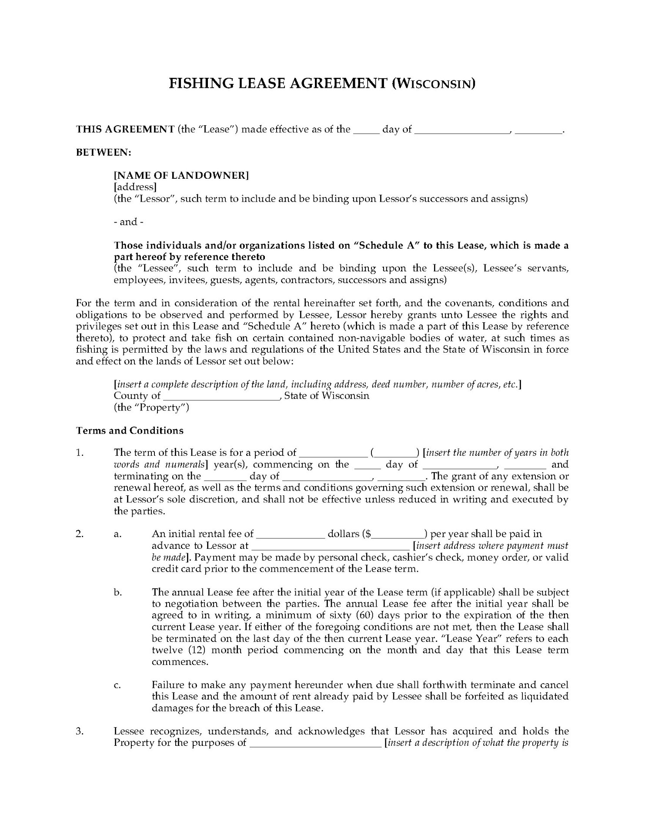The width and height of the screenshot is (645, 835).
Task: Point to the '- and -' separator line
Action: (129, 222)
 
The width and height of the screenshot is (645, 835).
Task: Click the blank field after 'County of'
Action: (221, 396)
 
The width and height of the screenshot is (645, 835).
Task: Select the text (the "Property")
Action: (151, 407)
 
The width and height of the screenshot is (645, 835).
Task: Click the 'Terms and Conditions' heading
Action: (130, 431)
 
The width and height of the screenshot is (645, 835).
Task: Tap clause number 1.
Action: (79, 453)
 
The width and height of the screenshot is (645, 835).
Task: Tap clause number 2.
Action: (79, 534)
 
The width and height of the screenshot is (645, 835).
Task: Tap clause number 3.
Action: (79, 731)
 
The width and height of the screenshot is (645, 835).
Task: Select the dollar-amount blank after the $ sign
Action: (398, 534)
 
